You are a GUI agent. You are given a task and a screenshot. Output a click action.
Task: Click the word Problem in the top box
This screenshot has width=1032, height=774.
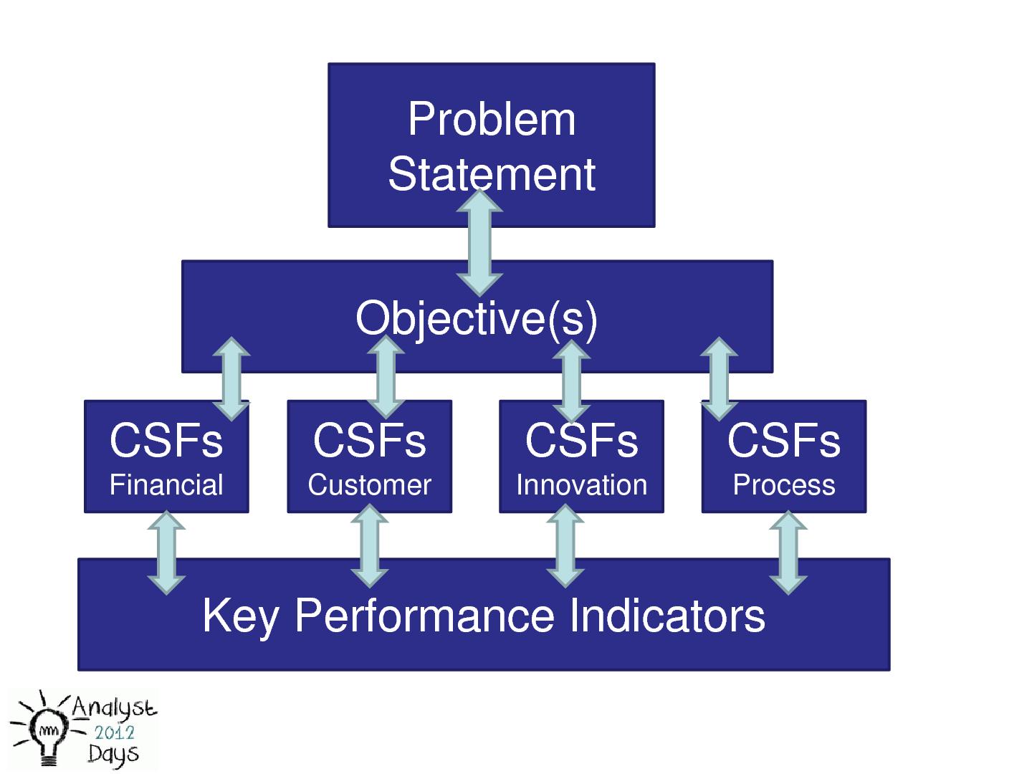point(492,119)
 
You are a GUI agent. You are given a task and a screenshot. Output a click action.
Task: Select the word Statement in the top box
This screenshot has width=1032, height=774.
point(492,174)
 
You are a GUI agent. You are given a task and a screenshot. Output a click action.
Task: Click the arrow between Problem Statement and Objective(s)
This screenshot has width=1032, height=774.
point(479,242)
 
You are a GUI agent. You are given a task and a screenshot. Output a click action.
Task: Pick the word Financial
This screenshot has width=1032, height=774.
point(166,485)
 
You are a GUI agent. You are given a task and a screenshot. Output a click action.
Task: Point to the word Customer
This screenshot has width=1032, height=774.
point(369,485)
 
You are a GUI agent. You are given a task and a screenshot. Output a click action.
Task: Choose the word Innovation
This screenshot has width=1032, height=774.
point(581,485)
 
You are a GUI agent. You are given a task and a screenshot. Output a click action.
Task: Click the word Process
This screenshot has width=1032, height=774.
point(784,485)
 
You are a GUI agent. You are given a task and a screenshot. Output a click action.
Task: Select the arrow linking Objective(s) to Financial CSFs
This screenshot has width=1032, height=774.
point(231,378)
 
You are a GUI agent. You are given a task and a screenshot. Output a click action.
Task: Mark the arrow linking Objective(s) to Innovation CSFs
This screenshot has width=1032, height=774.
point(572,381)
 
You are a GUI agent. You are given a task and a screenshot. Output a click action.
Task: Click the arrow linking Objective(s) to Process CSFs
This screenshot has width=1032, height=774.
point(719,378)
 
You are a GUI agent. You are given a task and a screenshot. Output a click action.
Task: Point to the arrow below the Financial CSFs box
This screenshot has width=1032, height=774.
point(166,552)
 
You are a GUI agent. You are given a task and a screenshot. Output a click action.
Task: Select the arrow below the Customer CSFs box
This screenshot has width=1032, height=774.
point(370,546)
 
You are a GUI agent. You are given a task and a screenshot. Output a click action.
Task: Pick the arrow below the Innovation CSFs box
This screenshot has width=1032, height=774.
point(565,546)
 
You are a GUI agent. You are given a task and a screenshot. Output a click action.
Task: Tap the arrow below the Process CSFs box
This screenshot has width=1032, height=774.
point(788,552)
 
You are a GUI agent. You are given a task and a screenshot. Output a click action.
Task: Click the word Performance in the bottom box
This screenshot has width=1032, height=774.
point(424,616)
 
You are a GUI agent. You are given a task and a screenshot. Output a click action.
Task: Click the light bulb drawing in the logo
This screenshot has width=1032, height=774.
point(49,734)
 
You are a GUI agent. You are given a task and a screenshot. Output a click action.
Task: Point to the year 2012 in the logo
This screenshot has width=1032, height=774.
point(115,732)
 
